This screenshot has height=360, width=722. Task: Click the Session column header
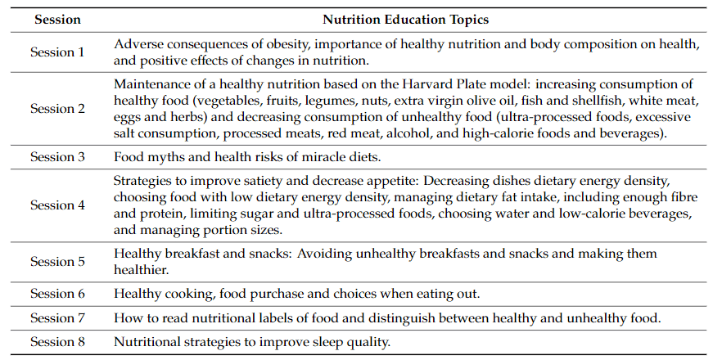click(57, 17)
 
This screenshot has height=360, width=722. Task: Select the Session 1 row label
click(57, 52)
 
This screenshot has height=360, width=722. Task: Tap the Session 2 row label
click(57, 108)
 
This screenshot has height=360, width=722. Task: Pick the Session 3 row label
click(57, 156)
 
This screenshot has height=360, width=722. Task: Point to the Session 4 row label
click(57, 205)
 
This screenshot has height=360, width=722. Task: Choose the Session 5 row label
click(57, 262)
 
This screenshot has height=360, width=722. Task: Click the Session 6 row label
click(57, 294)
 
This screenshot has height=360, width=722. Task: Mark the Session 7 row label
click(57, 317)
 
